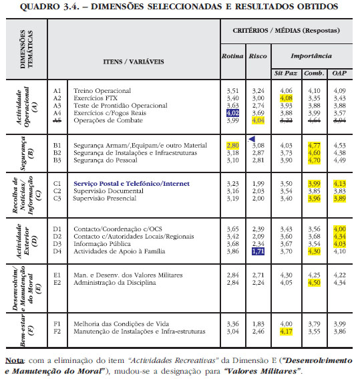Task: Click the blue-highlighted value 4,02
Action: [232, 113]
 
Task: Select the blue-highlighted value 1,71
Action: [258, 251]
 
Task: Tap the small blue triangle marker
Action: [252, 139]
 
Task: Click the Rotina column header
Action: [232, 56]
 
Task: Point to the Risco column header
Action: [258, 56]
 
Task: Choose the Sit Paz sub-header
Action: [286, 74]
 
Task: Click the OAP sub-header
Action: [339, 74]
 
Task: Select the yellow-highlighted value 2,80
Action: [232, 146]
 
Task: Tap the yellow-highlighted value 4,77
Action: [314, 146]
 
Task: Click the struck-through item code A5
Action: [57, 120]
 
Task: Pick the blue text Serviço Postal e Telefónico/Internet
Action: [132, 184]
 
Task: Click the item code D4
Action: [57, 251]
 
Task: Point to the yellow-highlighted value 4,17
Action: [286, 332]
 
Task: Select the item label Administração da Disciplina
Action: [115, 283]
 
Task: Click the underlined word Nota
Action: [15, 361]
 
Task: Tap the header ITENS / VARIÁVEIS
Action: [134, 62]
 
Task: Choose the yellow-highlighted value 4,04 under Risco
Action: [258, 120]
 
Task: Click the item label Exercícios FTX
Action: [96, 98]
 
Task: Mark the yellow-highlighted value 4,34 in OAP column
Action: [339, 237]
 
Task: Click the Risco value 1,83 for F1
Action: [258, 324]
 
